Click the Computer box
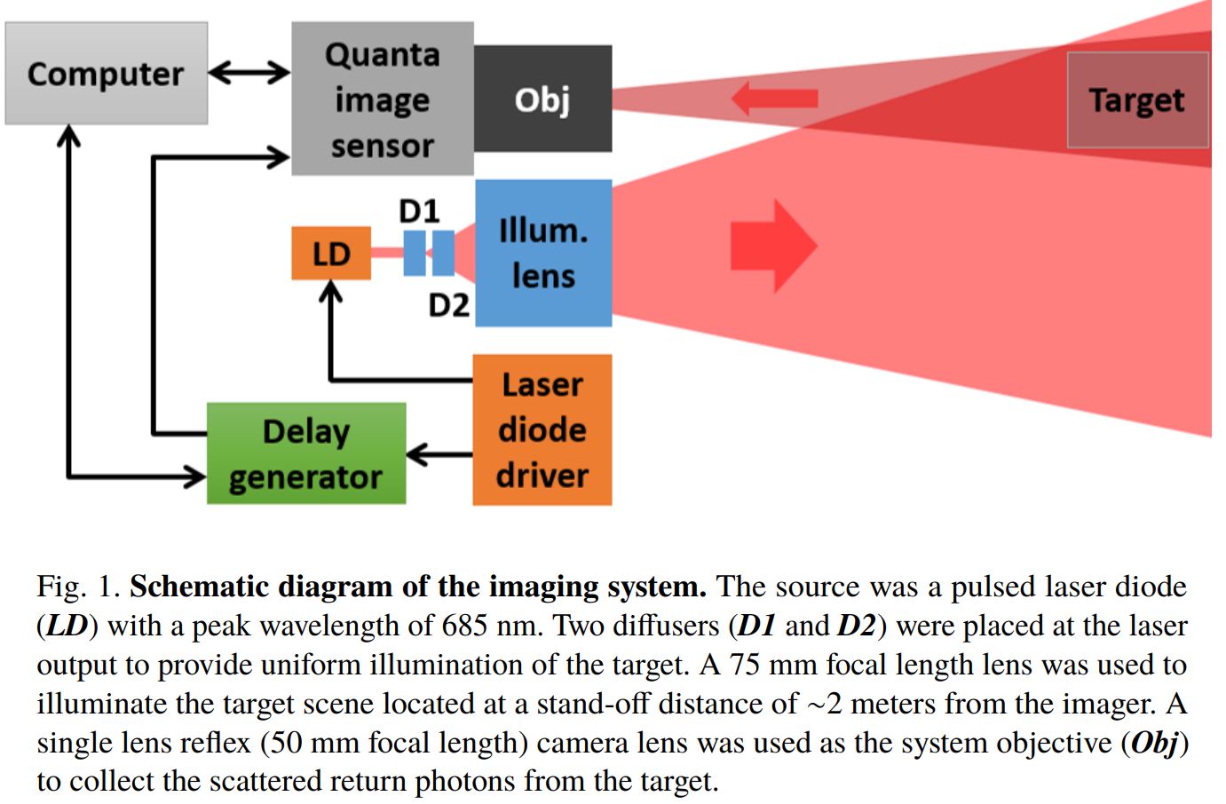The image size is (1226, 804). pyautogui.click(x=106, y=74)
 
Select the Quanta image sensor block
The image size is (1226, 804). pyautogui.click(x=382, y=99)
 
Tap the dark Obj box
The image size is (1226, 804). pyautogui.click(x=542, y=99)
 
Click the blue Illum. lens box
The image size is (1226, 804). pyautogui.click(x=543, y=253)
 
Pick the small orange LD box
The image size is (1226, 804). pyautogui.click(x=331, y=254)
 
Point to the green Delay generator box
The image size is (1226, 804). pyautogui.click(x=306, y=453)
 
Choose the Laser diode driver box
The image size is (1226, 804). pyautogui.click(x=542, y=430)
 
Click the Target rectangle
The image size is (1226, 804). pyautogui.click(x=1136, y=99)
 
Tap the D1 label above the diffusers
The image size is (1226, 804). pyautogui.click(x=419, y=210)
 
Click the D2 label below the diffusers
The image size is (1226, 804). pyautogui.click(x=448, y=305)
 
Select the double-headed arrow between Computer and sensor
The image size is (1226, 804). pyautogui.click(x=249, y=73)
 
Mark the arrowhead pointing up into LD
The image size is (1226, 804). pyautogui.click(x=331, y=292)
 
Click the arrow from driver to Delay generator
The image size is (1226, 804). pyautogui.click(x=439, y=455)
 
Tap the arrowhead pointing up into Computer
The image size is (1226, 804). pyautogui.click(x=68, y=136)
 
